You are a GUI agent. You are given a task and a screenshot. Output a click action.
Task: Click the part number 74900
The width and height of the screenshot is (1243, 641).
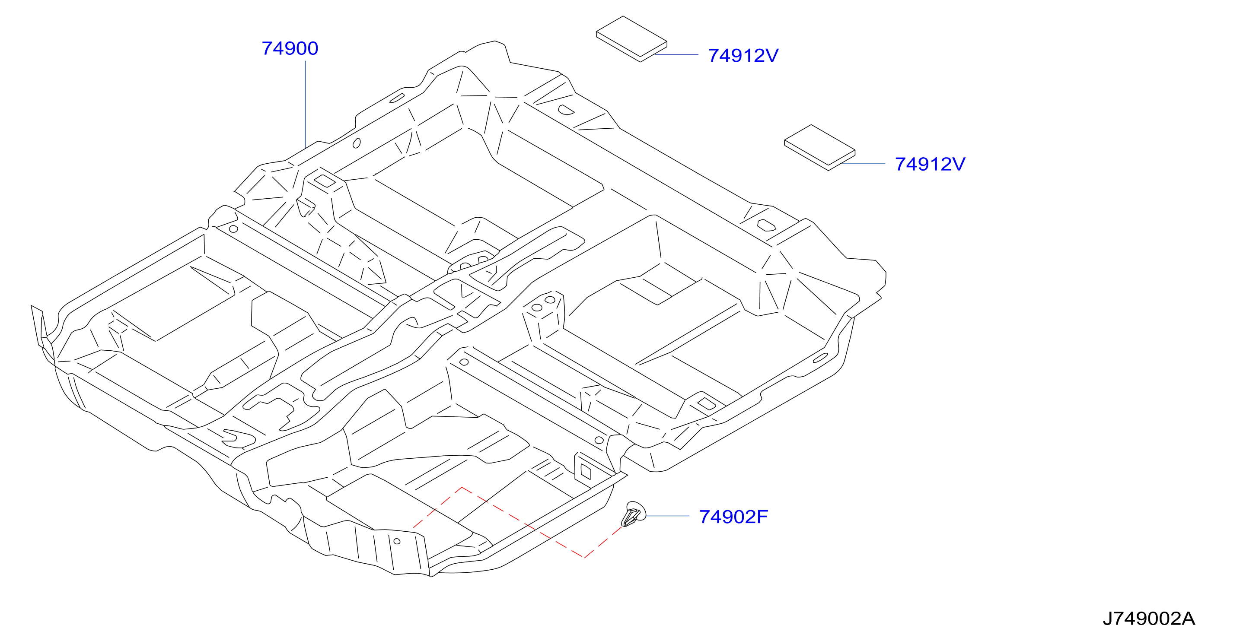point(290,48)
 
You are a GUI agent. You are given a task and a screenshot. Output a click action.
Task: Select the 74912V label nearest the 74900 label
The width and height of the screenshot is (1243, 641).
point(743,55)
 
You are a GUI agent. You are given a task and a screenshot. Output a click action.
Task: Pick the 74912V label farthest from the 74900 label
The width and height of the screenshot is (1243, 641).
point(930,164)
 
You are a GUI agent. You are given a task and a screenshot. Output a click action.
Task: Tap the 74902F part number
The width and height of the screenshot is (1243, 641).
point(733,517)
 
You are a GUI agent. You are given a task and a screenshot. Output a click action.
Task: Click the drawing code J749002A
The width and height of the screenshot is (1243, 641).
point(1149,619)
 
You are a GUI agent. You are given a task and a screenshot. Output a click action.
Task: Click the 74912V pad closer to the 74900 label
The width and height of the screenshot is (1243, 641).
point(631,39)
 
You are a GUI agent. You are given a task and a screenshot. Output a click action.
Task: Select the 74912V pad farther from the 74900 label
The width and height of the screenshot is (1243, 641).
point(820,148)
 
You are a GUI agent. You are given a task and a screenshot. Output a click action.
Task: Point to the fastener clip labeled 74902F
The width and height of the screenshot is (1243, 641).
point(633,514)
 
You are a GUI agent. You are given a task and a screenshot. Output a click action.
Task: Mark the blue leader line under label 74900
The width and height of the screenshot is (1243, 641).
point(306,104)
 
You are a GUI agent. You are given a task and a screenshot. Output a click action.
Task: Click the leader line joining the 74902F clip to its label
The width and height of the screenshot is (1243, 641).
point(668,516)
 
